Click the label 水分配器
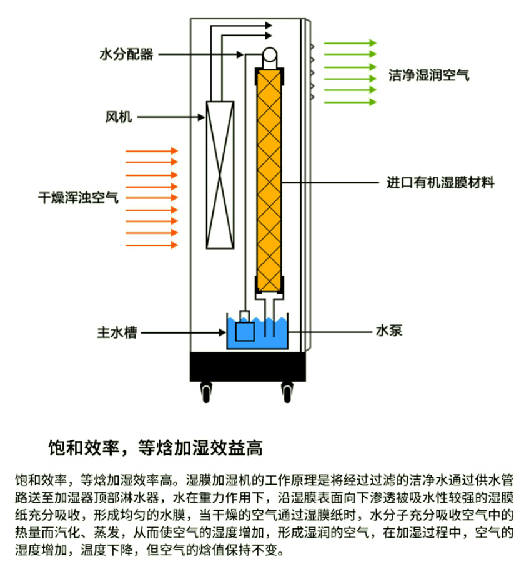point(126,54)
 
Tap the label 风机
point(119,116)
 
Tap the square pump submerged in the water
point(245,331)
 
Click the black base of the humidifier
point(248,366)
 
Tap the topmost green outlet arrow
point(350,43)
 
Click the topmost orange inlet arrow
point(152,151)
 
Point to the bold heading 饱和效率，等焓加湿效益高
point(156,447)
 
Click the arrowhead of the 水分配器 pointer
point(240,55)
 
